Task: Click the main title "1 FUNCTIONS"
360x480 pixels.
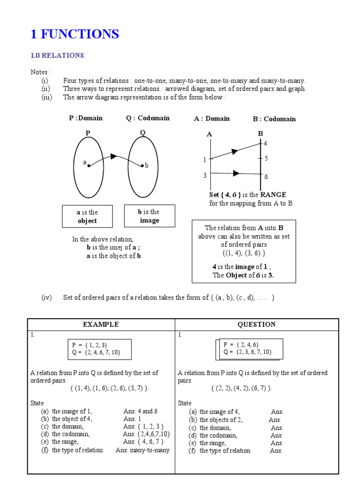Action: coord(75,34)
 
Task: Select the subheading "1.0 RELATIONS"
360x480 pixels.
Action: coord(57,55)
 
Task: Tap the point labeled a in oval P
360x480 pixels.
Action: coord(89,166)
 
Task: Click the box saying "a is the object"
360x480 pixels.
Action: coord(87,217)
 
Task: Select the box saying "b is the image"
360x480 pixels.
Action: coord(149,216)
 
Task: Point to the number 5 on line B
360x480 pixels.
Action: coord(266,158)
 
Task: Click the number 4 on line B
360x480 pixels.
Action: coord(265,143)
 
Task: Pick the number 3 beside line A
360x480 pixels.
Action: coord(205,175)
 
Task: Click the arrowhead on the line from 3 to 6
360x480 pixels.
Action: coord(236,173)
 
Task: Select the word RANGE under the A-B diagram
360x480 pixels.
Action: coord(273,195)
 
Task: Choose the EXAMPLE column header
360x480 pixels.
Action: coord(101,324)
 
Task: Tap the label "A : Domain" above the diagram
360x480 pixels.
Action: coord(212,119)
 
